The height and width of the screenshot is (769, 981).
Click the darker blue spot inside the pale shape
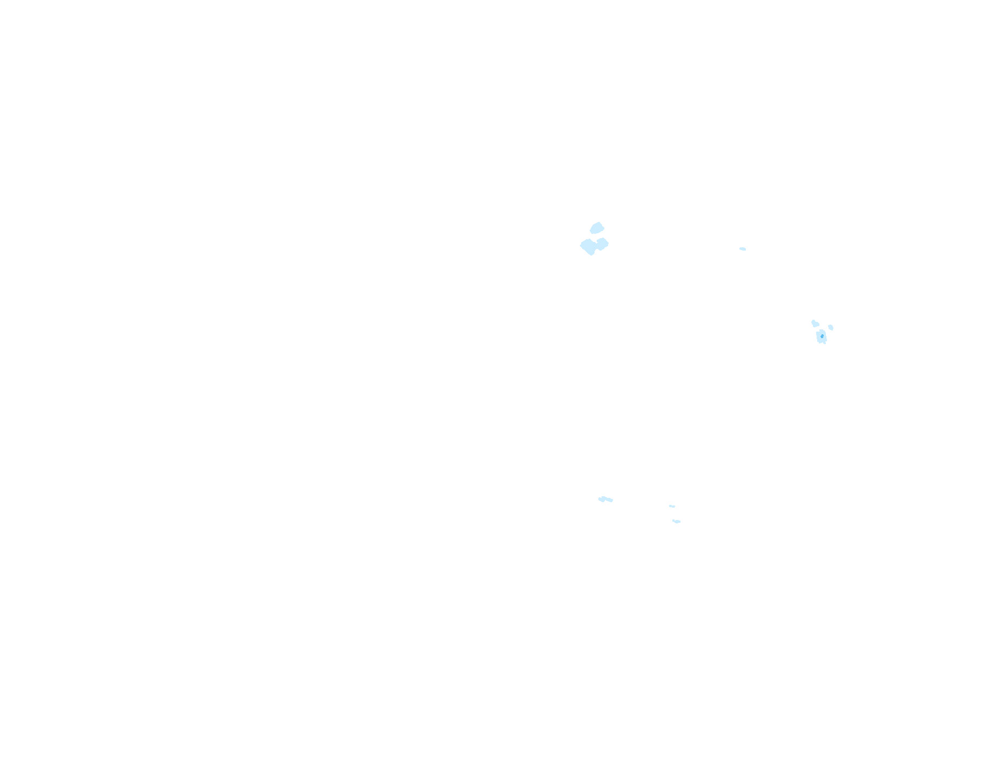822,336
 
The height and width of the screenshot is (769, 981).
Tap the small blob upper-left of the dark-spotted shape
815,323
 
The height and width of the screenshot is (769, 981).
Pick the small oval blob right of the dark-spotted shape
831,327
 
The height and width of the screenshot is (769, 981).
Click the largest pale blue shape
593,246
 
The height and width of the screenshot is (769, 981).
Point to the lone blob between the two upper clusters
743,249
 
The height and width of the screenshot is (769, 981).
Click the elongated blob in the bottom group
605,499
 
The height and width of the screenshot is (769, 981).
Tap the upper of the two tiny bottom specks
672,506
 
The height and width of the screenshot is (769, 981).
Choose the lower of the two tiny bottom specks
676,521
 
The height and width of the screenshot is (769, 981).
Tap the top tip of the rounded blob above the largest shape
598,222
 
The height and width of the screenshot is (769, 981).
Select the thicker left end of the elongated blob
601,499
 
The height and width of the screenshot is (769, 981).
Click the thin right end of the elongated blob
611,501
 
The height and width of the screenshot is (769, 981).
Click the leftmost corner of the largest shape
580,246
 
